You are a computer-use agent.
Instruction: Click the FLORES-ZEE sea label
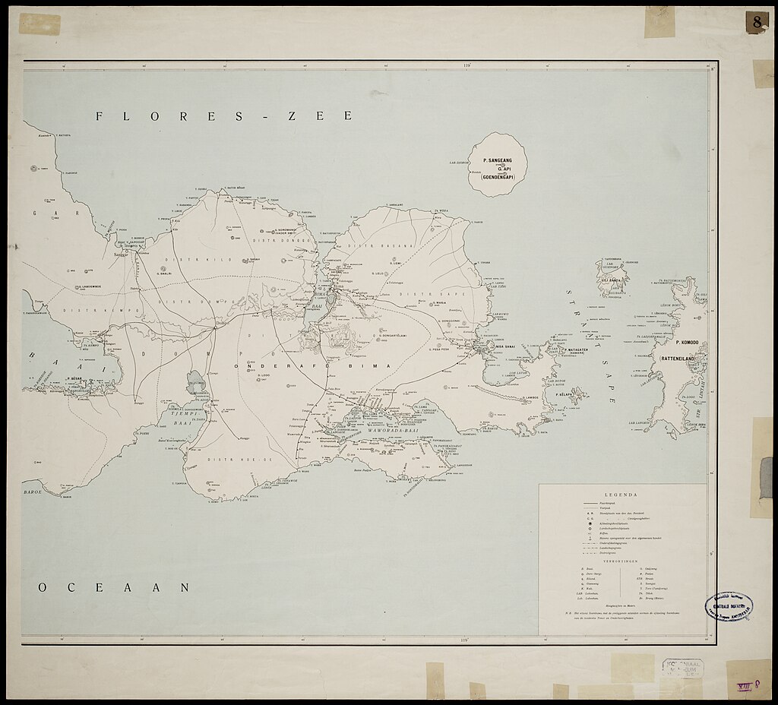pos(224,116)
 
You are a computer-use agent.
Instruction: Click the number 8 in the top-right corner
pos(757,23)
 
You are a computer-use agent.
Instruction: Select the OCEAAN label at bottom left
pos(114,586)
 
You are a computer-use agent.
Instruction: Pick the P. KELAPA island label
pos(565,396)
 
